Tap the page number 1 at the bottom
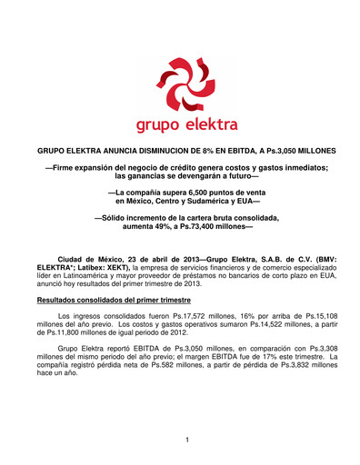tap(185, 440)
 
